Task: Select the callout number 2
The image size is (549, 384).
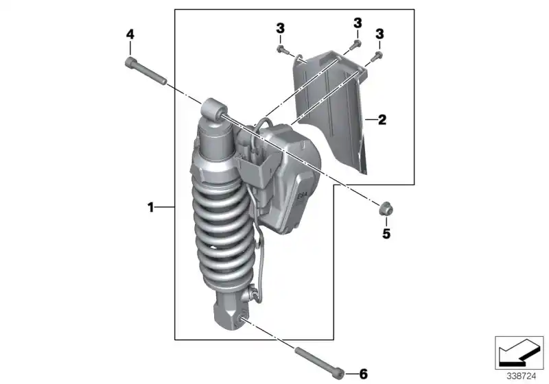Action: tap(382, 120)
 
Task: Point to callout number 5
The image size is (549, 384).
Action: tap(386, 234)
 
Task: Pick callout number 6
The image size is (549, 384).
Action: tap(364, 374)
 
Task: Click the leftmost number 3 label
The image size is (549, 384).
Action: tap(280, 27)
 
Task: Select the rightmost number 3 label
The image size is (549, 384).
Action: tap(379, 33)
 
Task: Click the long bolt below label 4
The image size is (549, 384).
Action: tap(147, 72)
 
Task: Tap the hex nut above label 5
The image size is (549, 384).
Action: tap(386, 208)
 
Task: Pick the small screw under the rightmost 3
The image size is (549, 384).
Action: tap(377, 56)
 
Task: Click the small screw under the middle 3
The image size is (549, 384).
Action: tap(353, 45)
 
